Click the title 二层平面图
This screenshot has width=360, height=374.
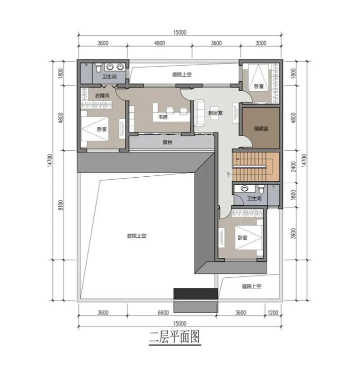coord(174,336)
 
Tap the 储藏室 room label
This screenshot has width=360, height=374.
coord(261,129)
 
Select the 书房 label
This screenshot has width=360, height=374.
coord(162,117)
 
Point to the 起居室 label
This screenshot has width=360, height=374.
coord(215,113)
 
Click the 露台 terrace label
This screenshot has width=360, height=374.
coord(167,142)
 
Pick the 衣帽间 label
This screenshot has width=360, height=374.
coord(102,96)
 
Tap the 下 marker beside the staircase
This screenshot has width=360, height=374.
coord(228,174)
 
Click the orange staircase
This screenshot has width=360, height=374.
coord(256,166)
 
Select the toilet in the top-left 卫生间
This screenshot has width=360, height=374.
coord(98,68)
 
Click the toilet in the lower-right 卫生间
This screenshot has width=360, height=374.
coord(261,189)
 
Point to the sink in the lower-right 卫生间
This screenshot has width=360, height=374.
coord(244,188)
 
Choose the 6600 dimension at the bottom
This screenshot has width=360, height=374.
coord(163,312)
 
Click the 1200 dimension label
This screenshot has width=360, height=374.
coord(273,312)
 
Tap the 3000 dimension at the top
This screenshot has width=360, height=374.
coord(261,43)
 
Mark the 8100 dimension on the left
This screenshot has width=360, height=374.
coord(61,205)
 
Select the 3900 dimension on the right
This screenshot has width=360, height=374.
coord(293,233)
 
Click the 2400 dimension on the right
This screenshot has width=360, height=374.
coord(293,166)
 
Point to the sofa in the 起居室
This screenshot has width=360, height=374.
coord(199,113)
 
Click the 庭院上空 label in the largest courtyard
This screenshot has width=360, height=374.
coord(137,236)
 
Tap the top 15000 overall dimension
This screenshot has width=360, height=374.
coord(180,33)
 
